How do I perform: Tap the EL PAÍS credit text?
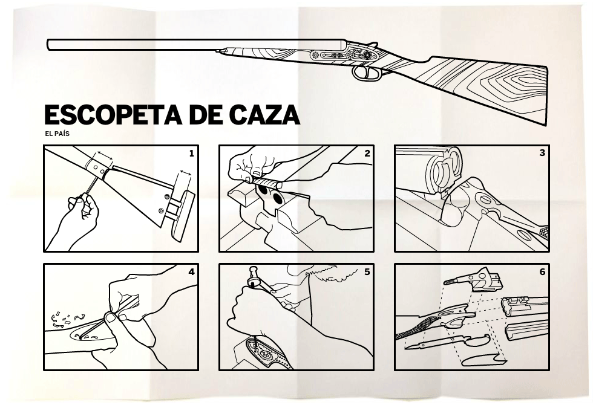[57, 134]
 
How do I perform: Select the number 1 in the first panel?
[191, 154]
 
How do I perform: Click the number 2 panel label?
[367, 154]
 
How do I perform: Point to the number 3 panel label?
[542, 153]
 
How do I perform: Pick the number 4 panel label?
[191, 272]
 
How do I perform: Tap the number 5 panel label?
[367, 272]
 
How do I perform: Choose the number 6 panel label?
[542, 272]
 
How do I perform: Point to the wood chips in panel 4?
[64, 317]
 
